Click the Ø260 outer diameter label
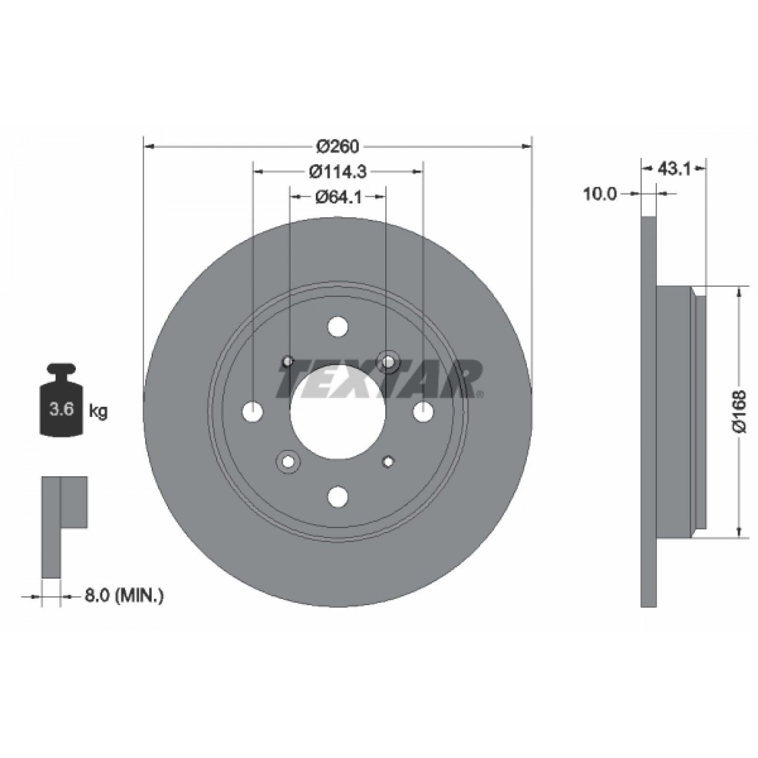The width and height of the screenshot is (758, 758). [x=338, y=147]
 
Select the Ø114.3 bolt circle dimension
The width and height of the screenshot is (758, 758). [x=338, y=172]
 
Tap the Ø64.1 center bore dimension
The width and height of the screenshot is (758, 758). [x=338, y=197]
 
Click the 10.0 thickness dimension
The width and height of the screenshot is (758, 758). [x=599, y=194]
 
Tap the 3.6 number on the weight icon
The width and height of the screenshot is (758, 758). [x=62, y=409]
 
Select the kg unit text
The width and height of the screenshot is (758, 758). [x=98, y=412]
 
